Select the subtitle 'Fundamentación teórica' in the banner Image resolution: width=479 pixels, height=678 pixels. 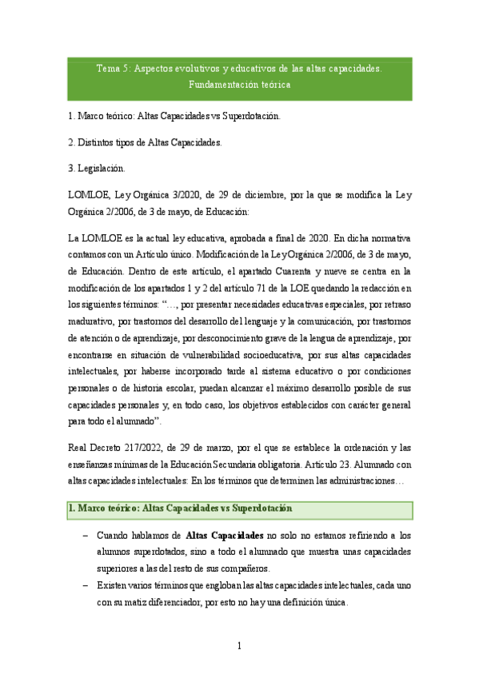239,84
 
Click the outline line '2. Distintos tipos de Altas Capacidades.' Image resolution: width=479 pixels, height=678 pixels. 146,142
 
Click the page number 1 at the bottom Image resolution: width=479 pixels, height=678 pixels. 239,646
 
